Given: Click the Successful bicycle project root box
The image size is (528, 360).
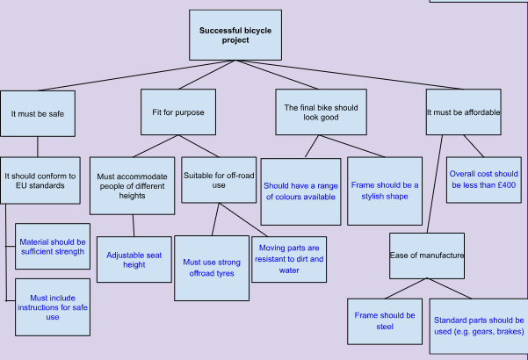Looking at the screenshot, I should pyautogui.click(x=235, y=35).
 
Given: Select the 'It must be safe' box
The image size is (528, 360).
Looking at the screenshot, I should pyautogui.click(x=37, y=113).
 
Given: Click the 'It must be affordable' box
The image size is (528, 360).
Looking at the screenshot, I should pyautogui.click(x=462, y=112).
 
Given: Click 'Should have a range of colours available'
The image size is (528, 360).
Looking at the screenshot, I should pyautogui.click(x=300, y=191).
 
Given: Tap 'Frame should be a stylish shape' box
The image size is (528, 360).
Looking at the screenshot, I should pyautogui.click(x=385, y=191).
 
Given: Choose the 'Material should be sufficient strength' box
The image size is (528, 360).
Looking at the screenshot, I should pyautogui.click(x=53, y=246).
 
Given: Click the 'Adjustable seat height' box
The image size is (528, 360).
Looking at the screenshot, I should pyautogui.click(x=134, y=259).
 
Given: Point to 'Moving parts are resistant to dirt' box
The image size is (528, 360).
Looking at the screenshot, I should pyautogui.click(x=292, y=259).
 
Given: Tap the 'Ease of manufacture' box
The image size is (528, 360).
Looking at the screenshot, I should pyautogui.click(x=427, y=255).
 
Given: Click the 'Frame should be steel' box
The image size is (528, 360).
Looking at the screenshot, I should pyautogui.click(x=384, y=320).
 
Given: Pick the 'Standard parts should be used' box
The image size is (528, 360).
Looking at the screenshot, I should pyautogui.click(x=479, y=327).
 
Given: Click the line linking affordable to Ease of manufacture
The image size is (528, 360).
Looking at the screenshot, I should pyautogui.click(x=435, y=184).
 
